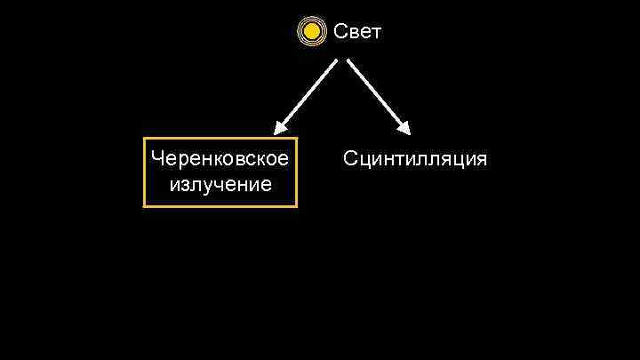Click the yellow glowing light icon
coord(310,33)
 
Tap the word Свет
coord(357,33)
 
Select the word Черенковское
coord(220,159)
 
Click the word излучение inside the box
coord(220,184)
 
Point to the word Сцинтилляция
coord(414,159)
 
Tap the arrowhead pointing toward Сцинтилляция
coord(404,128)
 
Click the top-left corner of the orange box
coord(145,139)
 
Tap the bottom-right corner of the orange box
coord(296,206)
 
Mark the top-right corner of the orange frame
coord(296,139)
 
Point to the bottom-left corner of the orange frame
coord(145,206)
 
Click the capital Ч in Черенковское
coord(157,159)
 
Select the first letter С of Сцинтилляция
coord(349,159)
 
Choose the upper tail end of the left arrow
coord(335,62)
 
